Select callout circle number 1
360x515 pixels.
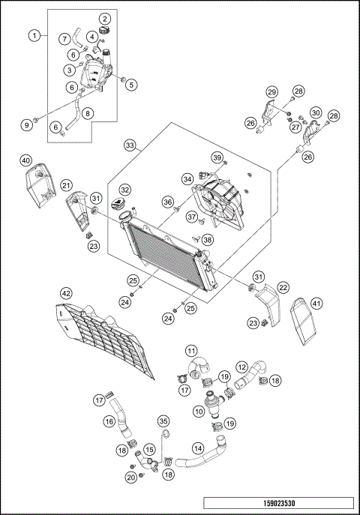34,35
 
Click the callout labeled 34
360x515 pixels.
187,178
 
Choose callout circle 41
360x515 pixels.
316,304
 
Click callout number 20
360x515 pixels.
131,477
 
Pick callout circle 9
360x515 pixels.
28,124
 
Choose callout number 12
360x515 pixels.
241,367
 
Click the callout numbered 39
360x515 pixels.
217,157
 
